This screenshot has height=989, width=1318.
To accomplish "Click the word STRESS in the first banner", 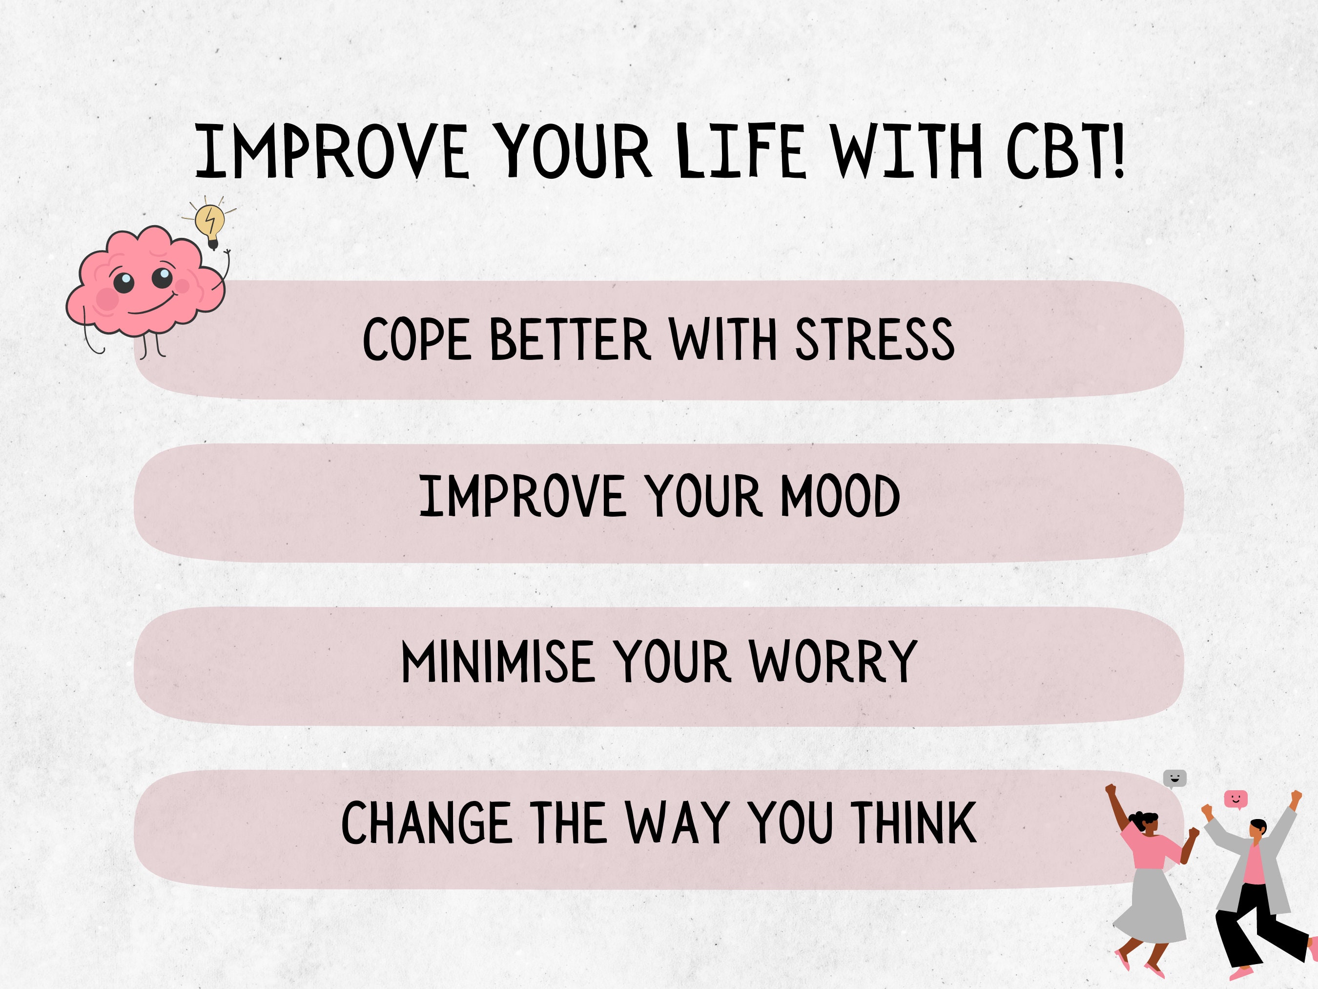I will [x=875, y=339].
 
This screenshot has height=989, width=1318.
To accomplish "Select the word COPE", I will [x=417, y=339].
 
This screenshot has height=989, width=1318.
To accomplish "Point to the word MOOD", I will [x=840, y=496].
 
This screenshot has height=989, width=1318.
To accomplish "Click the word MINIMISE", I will [x=497, y=661].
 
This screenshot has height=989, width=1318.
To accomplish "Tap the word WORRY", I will [x=833, y=661].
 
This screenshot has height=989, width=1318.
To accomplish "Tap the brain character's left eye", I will [x=124, y=281].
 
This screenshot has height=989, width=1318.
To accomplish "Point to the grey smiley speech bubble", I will [x=1174, y=778].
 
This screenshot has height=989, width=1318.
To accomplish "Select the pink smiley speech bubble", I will [x=1235, y=798].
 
